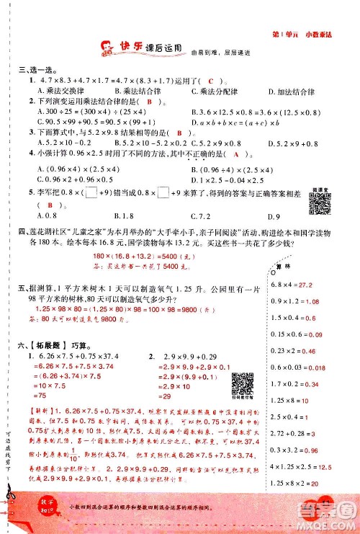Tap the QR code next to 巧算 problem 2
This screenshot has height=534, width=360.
click(x=240, y=381)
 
